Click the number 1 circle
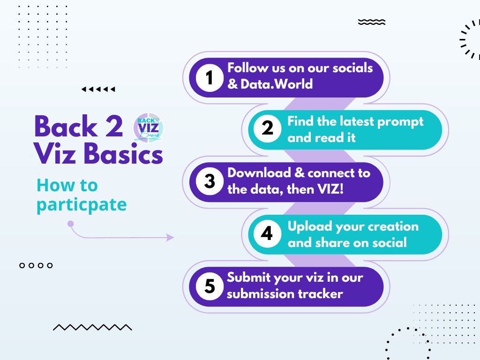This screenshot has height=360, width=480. point(210,77)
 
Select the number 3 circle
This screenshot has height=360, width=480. point(210,181)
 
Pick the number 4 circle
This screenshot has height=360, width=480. point(267,233)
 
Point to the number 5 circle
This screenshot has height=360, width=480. point(210,286)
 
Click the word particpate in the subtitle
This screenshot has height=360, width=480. point(81,205)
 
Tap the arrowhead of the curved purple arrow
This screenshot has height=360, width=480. point(170,238)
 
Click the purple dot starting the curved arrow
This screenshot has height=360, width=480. point(71,224)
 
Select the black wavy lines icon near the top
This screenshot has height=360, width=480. point(371,22)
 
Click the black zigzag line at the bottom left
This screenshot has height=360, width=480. point(92,327)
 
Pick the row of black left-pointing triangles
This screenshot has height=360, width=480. point(98,89)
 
